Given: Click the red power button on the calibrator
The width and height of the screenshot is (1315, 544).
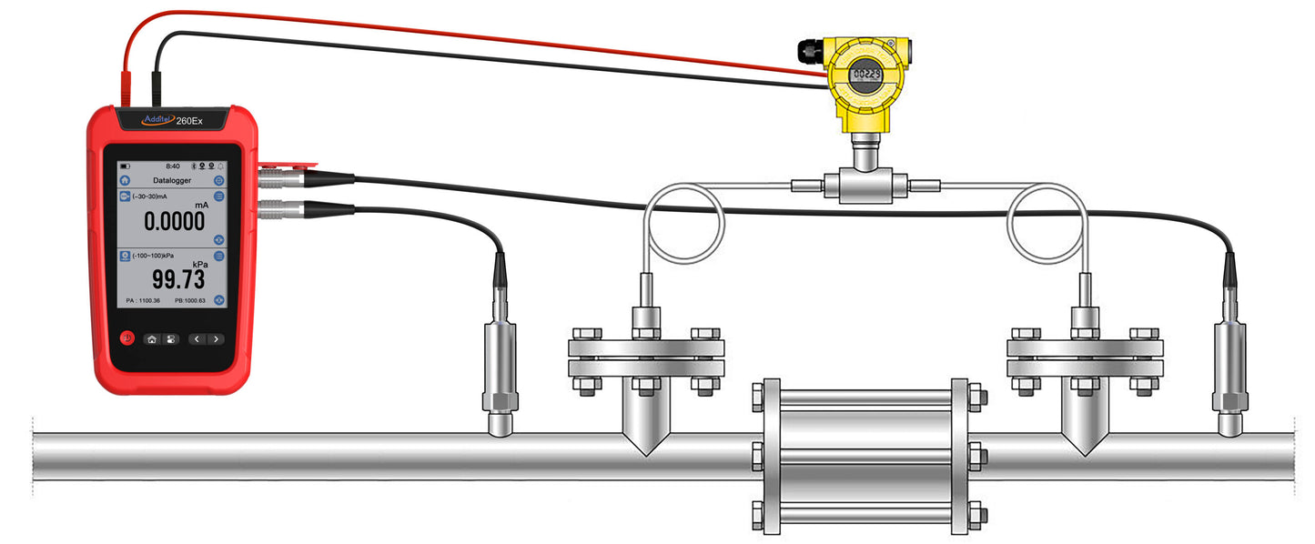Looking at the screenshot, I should pos(126,338).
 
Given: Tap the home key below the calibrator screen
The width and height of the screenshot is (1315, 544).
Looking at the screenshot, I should pos(152,339).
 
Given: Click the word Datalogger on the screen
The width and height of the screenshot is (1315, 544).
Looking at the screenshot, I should pos(170,180).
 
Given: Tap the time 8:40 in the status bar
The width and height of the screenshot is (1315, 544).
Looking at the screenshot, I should pos(172,166).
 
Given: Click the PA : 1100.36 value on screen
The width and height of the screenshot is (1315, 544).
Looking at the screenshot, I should pos(143,300).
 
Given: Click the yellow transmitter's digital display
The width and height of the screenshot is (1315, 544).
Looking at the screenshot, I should pos(865,76).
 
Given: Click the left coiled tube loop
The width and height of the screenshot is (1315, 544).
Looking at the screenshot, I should pos(683,219).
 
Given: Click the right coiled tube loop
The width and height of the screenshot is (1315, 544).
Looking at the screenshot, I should pos(1047,219).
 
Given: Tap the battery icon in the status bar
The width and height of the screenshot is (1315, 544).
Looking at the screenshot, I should pos(126,166).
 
